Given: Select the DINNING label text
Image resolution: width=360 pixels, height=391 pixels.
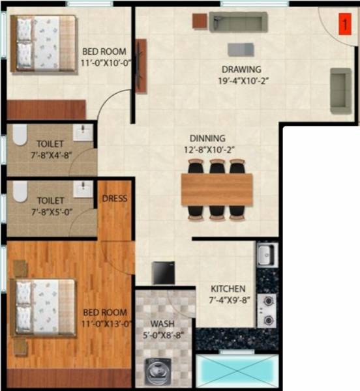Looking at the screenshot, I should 207,138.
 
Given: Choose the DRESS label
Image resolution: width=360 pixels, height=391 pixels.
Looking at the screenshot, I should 115,198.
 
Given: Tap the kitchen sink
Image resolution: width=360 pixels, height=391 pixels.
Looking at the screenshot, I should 265,254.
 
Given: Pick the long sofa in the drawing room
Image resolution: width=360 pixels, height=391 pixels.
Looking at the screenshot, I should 237,23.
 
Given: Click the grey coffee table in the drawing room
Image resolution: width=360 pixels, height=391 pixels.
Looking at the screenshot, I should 241,50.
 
